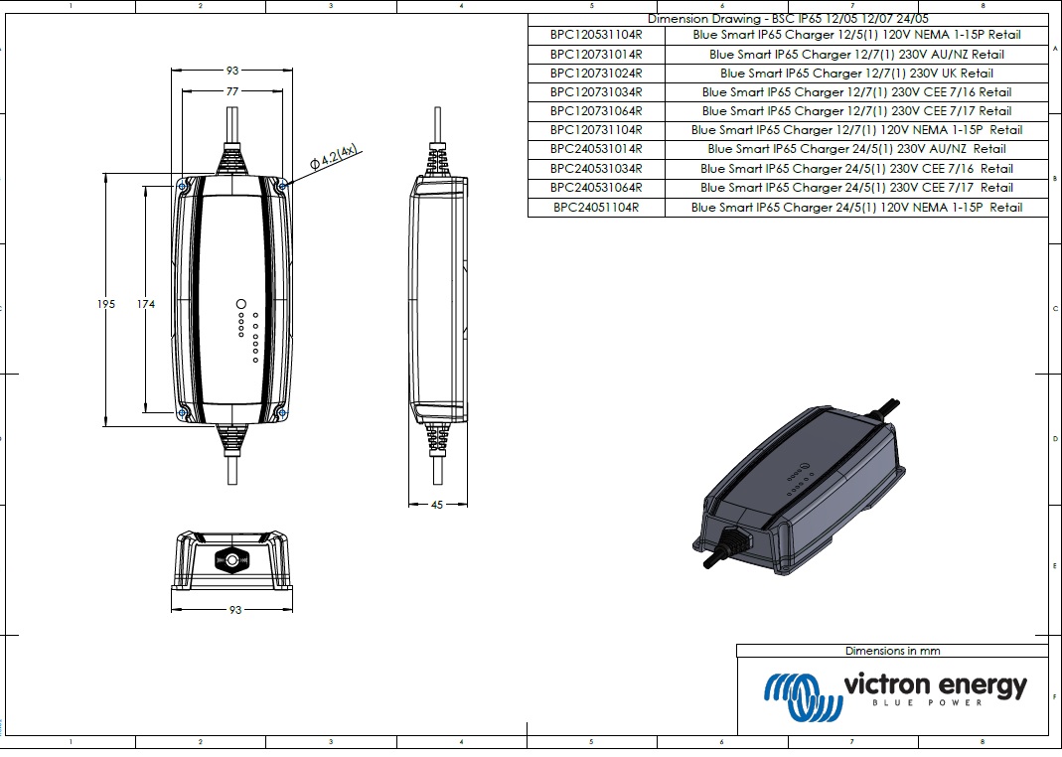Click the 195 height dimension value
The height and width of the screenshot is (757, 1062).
click(x=106, y=304)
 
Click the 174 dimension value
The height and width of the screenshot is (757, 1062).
click(x=146, y=304)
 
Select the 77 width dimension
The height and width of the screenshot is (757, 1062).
click(x=232, y=91)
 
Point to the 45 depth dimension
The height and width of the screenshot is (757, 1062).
click(x=437, y=505)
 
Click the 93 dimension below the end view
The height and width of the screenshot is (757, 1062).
click(x=235, y=610)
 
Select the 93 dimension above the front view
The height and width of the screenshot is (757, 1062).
click(x=232, y=71)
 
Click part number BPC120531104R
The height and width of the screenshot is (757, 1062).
click(x=596, y=35)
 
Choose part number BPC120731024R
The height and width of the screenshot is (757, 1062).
click(x=596, y=74)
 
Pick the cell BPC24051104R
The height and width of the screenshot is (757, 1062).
click(x=596, y=208)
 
